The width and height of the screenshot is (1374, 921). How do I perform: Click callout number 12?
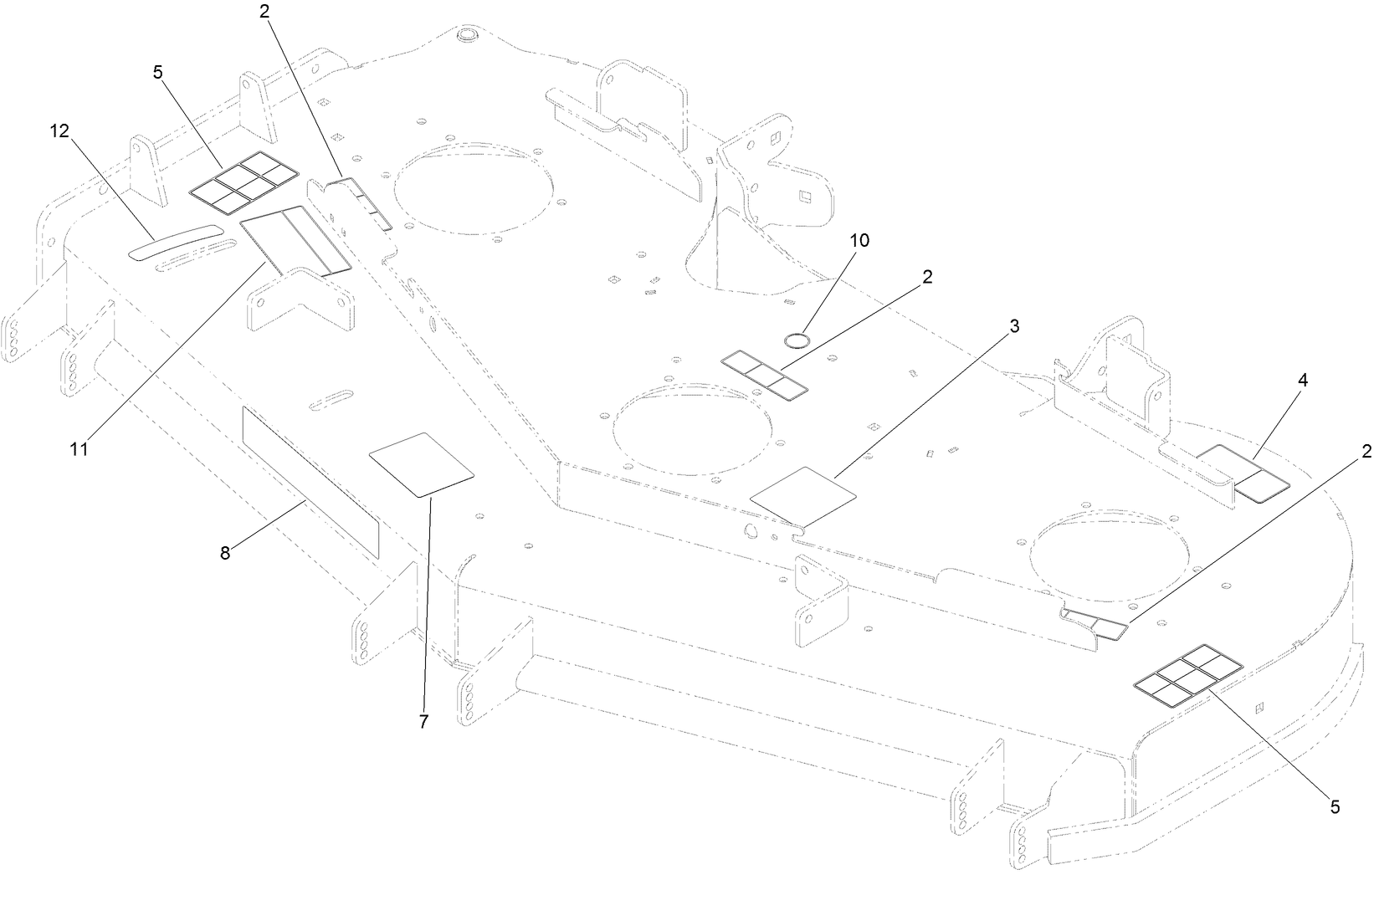tap(59, 131)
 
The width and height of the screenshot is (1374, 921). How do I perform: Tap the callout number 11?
tap(79, 449)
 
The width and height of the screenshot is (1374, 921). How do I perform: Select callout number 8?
tap(225, 553)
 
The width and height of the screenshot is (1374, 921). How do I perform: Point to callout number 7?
tap(423, 722)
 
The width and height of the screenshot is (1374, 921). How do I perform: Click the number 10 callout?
tap(859, 241)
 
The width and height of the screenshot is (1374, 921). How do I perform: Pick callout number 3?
tap(1014, 326)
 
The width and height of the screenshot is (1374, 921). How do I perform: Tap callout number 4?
tap(1303, 380)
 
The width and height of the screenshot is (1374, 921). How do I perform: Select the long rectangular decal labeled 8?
tap(310, 483)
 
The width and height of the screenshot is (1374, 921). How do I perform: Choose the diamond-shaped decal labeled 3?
tap(803, 497)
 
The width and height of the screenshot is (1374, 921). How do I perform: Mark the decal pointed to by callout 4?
tap(1242, 473)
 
